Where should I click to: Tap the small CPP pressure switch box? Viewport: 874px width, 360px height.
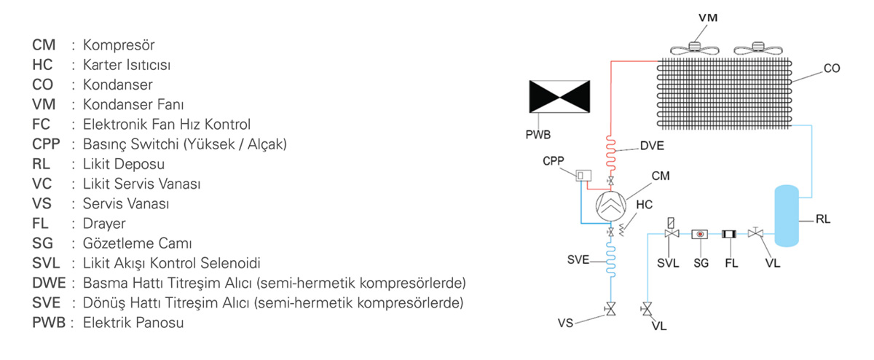click(583, 176)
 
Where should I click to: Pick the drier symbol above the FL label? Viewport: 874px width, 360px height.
click(729, 234)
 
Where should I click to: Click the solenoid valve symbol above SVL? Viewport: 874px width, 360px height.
click(671, 232)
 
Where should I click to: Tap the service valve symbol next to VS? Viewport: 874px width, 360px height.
click(611, 311)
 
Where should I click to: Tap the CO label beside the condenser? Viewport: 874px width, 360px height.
click(832, 69)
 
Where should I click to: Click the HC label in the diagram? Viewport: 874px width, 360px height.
click(644, 205)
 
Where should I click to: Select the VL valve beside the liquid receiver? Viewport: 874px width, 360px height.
click(757, 233)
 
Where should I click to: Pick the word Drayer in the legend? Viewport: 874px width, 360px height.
click(105, 223)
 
